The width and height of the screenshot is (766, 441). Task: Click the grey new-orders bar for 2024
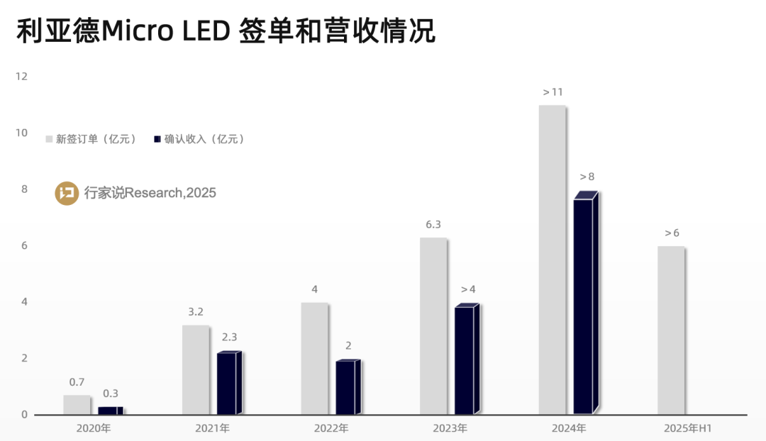[x=552, y=259]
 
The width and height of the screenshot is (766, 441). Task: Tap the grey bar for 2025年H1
[x=671, y=330]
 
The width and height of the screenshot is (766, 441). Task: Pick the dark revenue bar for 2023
[x=464, y=360]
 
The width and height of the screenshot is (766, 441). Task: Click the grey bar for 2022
[x=314, y=359]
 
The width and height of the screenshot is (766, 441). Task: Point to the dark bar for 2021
[x=226, y=384]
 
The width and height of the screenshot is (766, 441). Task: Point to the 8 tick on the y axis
[x=24, y=189]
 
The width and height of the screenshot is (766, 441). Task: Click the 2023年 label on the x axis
[x=450, y=428]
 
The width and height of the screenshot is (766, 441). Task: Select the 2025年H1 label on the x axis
[x=687, y=428]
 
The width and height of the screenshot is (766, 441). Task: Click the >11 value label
[x=553, y=92]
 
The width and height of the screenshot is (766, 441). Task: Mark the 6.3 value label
[x=433, y=224]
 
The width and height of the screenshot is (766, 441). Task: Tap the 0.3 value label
[x=111, y=393]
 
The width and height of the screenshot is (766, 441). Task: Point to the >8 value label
[x=587, y=177]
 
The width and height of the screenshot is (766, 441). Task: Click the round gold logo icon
[x=67, y=193]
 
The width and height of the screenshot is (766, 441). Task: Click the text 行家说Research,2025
[x=150, y=193]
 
